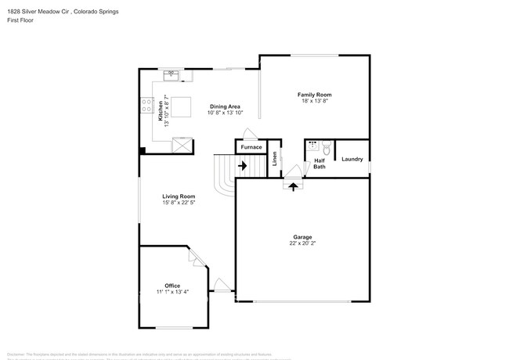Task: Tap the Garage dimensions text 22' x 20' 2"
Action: (301, 243)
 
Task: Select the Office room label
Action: (172, 285)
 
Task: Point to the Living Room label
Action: (179, 196)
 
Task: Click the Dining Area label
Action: (224, 106)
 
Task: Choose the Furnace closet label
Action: (251, 147)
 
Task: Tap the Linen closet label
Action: (275, 158)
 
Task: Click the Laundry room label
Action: (352, 159)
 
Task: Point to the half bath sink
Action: (312, 146)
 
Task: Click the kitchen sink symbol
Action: (171, 76)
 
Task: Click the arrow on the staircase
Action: (242, 165)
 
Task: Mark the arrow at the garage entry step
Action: (294, 185)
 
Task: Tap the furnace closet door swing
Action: (248, 134)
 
